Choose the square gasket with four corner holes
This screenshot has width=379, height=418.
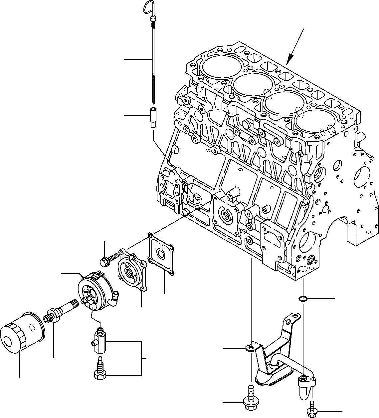coord(161,255)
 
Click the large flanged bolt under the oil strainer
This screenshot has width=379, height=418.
coord(250,399)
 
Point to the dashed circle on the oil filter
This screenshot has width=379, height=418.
coord(32,328)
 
